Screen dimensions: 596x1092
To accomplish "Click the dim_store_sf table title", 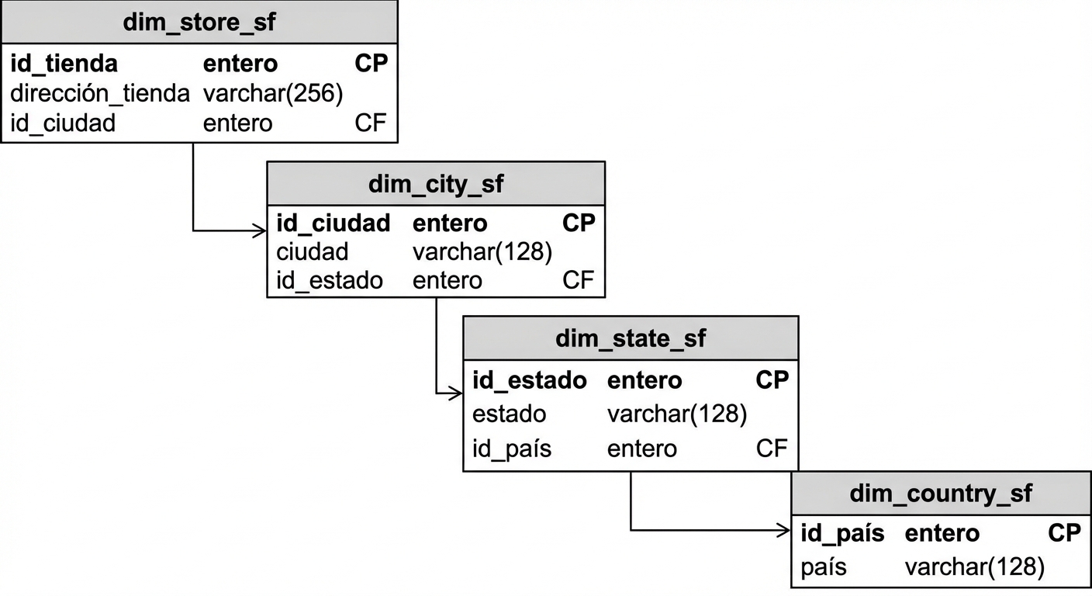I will (x=199, y=22).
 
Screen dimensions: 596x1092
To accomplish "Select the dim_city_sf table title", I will (x=435, y=184).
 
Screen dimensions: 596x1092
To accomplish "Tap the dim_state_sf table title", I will (x=631, y=338).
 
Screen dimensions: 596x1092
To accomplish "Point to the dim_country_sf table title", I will (x=941, y=493).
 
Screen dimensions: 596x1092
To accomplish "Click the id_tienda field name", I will (x=64, y=64).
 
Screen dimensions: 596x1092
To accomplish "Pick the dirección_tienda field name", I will (x=99, y=93).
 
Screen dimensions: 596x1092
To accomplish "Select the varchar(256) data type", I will (x=272, y=93).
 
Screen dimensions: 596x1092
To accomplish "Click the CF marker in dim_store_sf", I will (x=370, y=123).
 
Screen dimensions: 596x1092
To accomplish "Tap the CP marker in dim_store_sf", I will (x=371, y=64).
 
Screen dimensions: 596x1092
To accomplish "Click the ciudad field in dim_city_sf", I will (x=312, y=251).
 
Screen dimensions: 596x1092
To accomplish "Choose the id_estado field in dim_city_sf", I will (x=329, y=280).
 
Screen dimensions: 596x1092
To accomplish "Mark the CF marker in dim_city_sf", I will (x=578, y=280).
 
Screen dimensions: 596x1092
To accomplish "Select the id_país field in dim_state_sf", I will (x=511, y=449).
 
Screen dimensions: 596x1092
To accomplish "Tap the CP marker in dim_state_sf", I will (x=772, y=379).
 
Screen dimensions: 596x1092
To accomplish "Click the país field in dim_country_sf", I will (x=823, y=567).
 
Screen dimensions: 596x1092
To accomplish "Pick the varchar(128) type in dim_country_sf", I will (x=974, y=567).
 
